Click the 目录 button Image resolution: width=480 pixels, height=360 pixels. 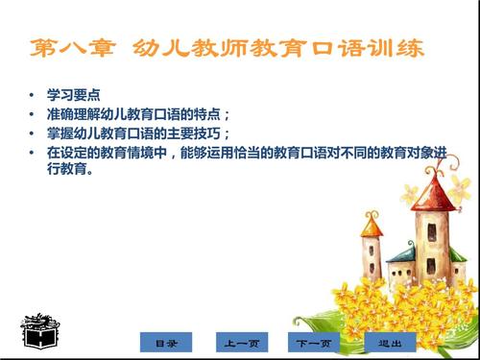(166, 342)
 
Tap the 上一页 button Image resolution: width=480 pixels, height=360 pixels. (240, 342)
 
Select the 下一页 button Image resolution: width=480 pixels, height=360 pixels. (314, 342)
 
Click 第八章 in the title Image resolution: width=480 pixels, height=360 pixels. (71, 48)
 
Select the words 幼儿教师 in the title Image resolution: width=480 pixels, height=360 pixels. (202, 48)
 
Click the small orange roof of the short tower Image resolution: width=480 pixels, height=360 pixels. (372, 227)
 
